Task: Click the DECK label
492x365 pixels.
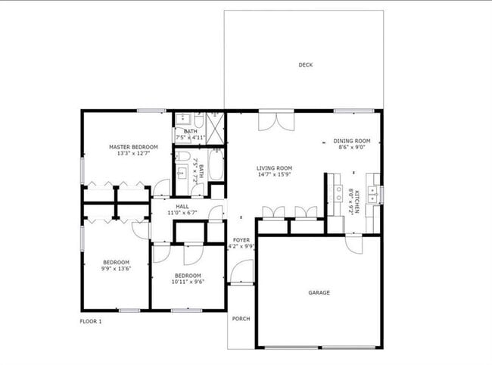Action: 305,65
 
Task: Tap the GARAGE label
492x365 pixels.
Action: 319,293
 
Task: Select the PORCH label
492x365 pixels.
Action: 241,319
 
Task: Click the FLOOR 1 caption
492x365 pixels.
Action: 91,321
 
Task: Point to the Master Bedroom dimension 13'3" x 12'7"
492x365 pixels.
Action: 133,154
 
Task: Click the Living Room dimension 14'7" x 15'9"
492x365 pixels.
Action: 274,175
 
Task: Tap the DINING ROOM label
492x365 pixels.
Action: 352,141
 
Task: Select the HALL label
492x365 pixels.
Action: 182,207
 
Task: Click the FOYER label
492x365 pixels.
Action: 241,240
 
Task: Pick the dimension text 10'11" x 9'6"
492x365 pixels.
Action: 188,282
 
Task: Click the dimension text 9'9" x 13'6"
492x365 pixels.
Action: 116,269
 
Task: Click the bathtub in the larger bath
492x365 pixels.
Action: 216,164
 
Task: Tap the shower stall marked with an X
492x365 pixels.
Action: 215,128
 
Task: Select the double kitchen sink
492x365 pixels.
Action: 373,195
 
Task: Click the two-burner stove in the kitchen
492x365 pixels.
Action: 338,193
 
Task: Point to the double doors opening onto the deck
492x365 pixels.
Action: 276,121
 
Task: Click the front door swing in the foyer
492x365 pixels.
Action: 241,272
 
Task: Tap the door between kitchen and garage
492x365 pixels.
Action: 354,244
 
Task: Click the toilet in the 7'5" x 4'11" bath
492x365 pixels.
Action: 199,119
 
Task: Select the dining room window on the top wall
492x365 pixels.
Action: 353,111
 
